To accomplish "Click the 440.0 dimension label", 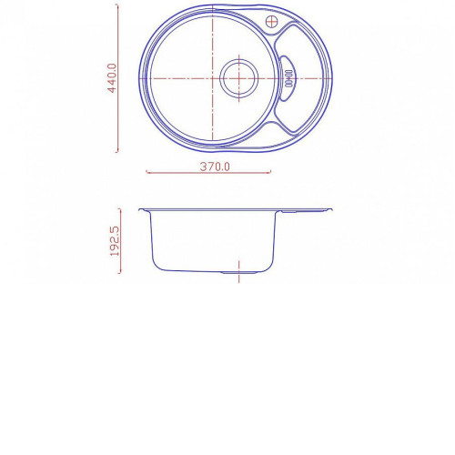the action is click(112, 78).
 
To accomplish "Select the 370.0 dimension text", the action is click(215, 167).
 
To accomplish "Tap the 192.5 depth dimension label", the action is click(115, 241).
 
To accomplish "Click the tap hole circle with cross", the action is click(271, 22).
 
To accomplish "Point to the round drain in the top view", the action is click(239, 78).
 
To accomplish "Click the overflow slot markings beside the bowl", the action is click(288, 78).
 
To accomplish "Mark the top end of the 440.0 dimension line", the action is click(117, 5).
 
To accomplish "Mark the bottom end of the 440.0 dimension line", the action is click(117, 151).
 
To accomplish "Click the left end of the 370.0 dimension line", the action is click(147, 172).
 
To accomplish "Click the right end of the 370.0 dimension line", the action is click(270, 172).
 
